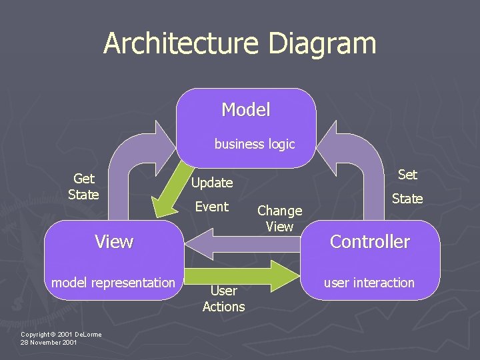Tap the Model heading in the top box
tap(246, 110)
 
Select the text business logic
tap(254, 144)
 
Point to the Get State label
tap(83, 187)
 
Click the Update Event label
tap(212, 194)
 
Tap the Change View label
tap(279, 219)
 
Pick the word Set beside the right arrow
tap(407, 175)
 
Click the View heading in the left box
tap(114, 241)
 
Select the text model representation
tap(113, 283)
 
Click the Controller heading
tap(370, 241)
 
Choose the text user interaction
tap(369, 283)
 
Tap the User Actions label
tap(223, 299)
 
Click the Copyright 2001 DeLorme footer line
tap(61, 334)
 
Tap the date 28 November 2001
tap(49, 343)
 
